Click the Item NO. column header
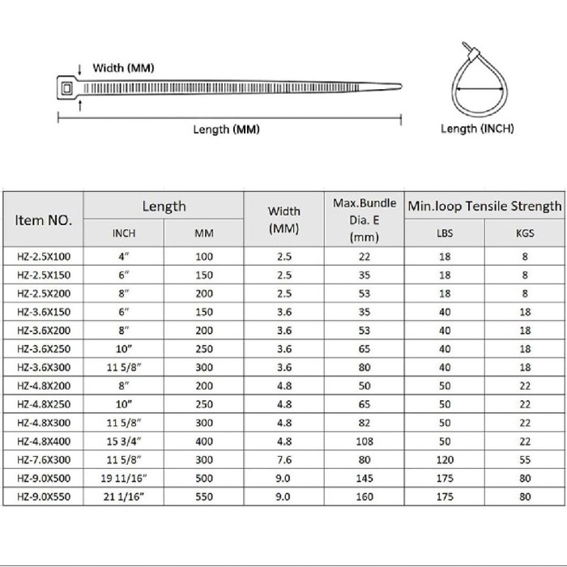(44, 220)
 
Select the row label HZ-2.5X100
(44, 256)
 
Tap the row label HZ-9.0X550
(44, 497)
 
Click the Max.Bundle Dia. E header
(364, 220)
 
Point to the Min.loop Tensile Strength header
(484, 206)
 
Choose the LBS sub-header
(445, 233)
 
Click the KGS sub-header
(524, 233)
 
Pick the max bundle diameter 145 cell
(364, 478)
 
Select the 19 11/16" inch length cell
(123, 478)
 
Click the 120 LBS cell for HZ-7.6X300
(445, 459)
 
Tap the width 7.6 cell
(283, 459)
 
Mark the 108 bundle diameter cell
(364, 441)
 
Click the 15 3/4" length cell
(123, 441)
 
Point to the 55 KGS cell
(524, 459)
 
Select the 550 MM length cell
(204, 497)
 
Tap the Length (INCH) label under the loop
(477, 128)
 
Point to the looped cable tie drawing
(477, 82)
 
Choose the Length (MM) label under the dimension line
(226, 130)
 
